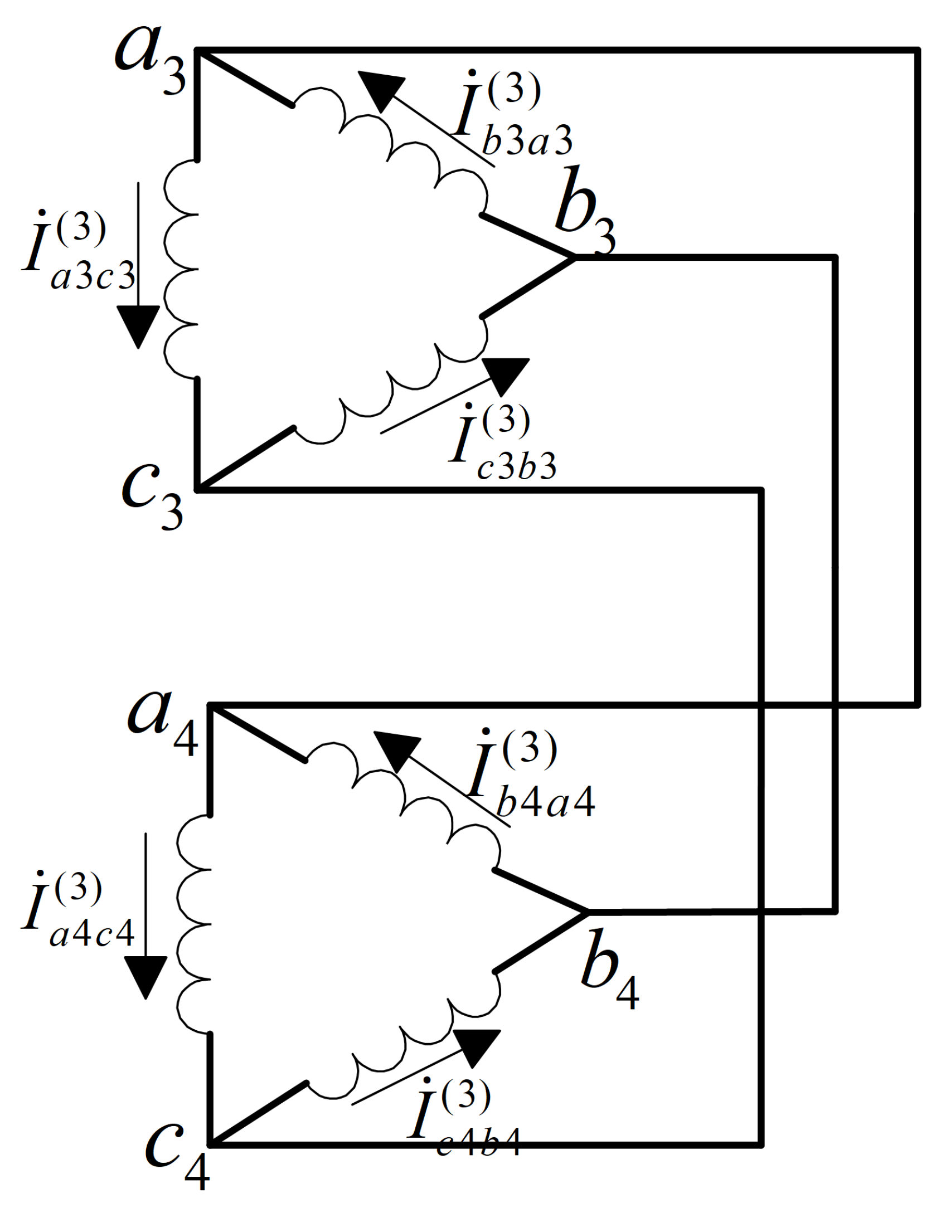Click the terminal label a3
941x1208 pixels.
coord(149,60)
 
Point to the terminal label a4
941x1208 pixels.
coord(162,721)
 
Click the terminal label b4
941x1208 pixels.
coord(609,967)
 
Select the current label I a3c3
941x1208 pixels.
coord(78,251)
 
